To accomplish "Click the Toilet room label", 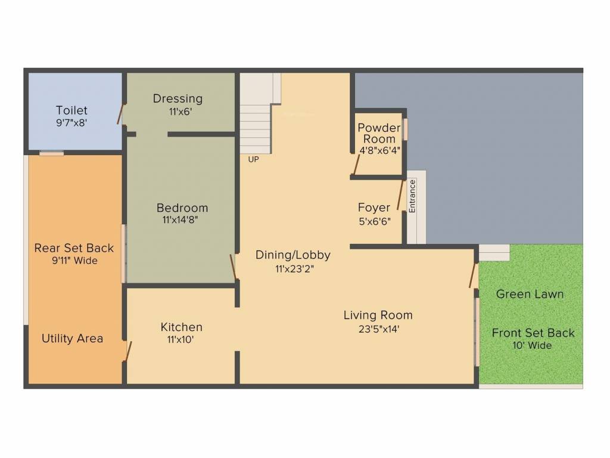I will [71, 110].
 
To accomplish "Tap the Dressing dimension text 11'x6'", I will [178, 111].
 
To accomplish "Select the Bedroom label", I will [182, 208].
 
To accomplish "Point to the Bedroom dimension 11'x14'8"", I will [179, 220].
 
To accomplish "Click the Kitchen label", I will [182, 327].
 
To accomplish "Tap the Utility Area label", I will [72, 339].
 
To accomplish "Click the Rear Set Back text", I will [74, 248].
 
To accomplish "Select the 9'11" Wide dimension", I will [74, 261].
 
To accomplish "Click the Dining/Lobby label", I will [293, 255].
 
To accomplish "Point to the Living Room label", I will [378, 315].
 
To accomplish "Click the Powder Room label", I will [379, 134].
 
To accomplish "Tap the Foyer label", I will [374, 208].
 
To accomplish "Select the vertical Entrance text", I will [412, 196].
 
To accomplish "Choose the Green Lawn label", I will [530, 294].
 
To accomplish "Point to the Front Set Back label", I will [533, 333].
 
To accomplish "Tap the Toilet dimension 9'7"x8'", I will [71, 123].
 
